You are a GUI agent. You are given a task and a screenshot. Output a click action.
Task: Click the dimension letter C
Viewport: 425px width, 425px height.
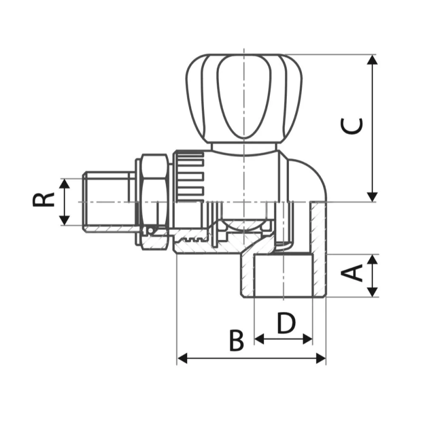tap(352, 126)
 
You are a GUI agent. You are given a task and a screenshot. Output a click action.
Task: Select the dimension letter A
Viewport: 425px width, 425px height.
tap(351, 274)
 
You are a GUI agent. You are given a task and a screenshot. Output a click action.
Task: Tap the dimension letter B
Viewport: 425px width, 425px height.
tap(236, 340)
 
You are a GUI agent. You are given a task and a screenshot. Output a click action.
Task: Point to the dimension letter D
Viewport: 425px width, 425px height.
tap(286, 323)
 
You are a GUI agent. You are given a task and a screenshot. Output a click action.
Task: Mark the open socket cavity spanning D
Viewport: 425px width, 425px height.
tap(283, 276)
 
